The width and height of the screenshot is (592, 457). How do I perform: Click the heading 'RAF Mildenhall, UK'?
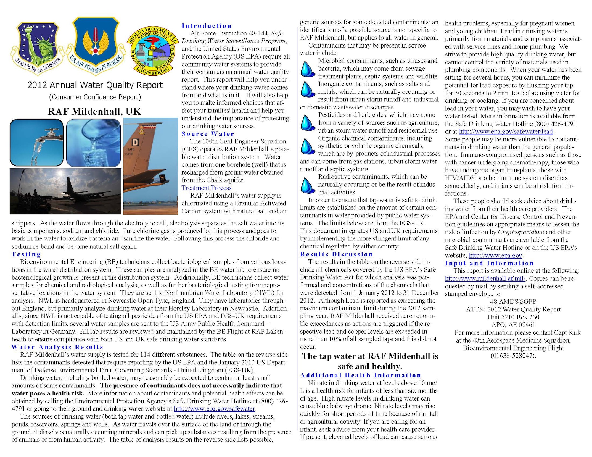coord(94,112)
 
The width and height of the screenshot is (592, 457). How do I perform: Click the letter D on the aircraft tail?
coord(135,143)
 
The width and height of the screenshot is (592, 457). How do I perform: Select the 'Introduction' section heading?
coord(206,26)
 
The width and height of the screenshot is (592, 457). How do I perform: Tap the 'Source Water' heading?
coord(208,134)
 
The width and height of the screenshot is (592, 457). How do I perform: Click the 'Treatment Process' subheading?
coord(206,188)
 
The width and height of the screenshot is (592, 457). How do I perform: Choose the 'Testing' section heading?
coord(26,254)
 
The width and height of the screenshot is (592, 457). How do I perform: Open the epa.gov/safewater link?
coord(214,409)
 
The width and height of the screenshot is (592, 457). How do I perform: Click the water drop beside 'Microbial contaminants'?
coord(308,69)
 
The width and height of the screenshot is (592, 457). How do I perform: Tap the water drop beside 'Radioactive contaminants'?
coord(308,185)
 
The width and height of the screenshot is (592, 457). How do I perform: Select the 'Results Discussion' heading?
coord(336,254)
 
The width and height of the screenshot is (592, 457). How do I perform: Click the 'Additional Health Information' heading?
coord(361,375)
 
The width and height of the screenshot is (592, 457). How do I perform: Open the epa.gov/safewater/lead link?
coord(506,131)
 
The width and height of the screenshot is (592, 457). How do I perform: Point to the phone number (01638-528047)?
coord(513,356)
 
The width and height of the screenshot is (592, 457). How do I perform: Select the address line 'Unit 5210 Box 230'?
coord(513,317)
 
